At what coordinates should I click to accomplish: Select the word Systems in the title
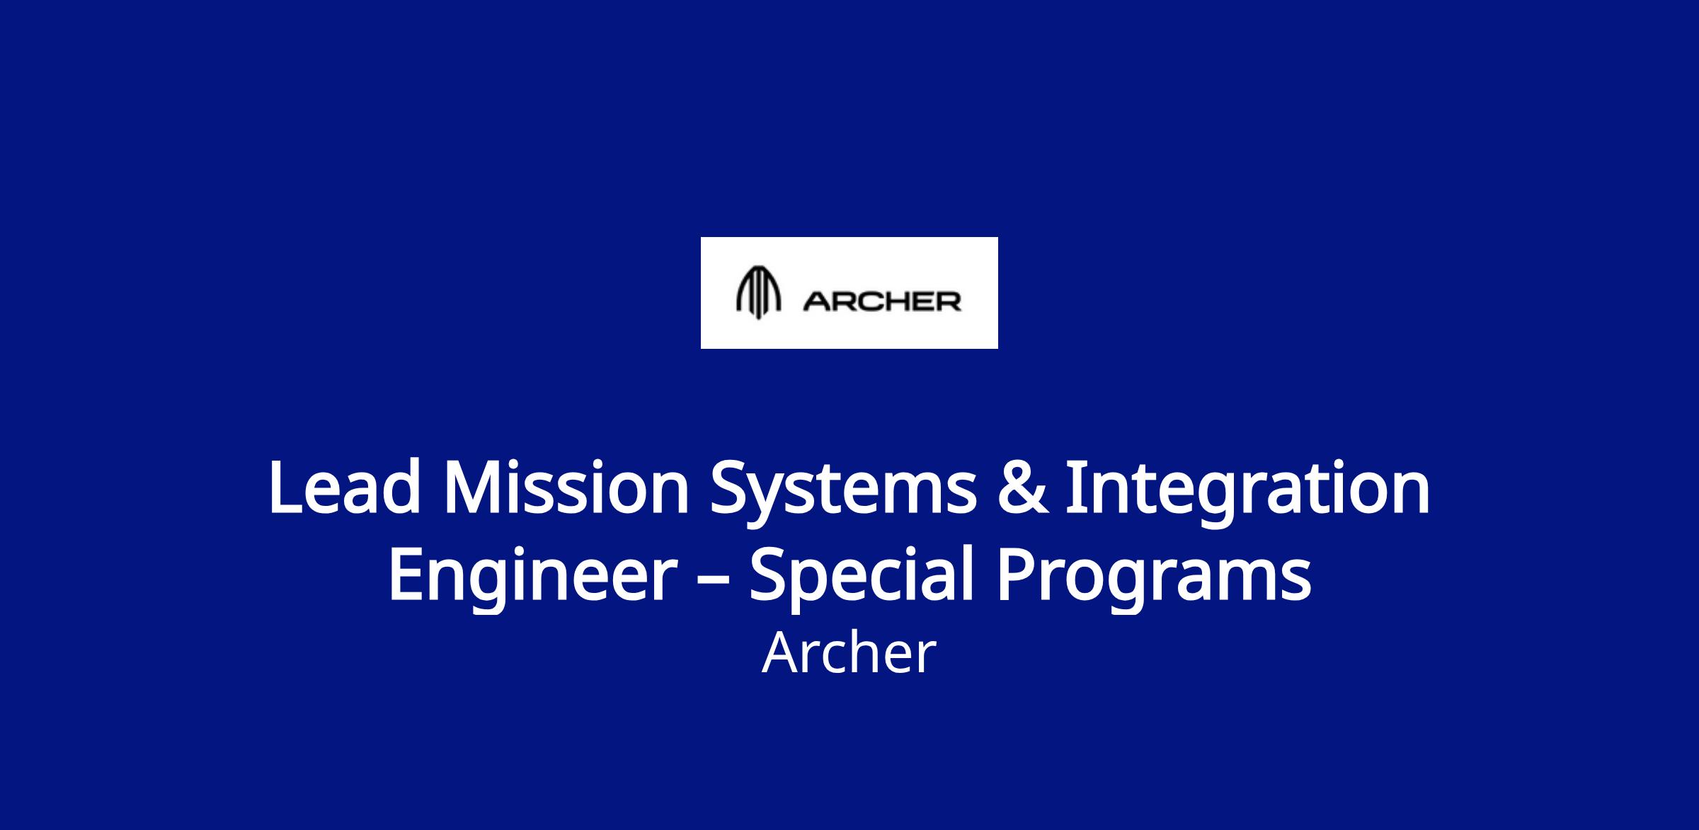(x=843, y=492)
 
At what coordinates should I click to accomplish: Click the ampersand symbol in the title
(x=1021, y=488)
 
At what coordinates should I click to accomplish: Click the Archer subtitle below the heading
(x=849, y=654)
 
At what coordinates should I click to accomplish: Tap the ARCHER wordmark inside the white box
(x=882, y=302)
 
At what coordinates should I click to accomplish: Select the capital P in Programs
(x=1016, y=575)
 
